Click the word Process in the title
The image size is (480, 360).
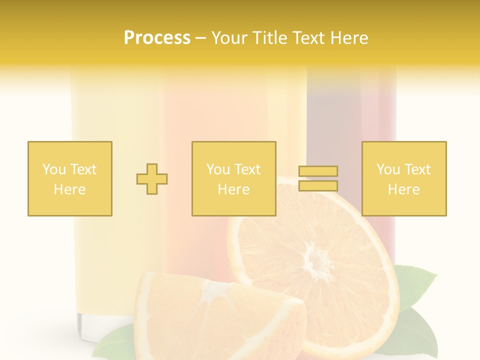tap(157, 38)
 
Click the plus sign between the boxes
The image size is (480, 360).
tap(152, 179)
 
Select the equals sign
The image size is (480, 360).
tap(318, 178)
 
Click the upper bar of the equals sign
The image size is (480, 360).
tap(318, 171)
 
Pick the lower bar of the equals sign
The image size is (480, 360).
tap(318, 186)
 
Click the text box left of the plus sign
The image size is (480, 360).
tap(70, 178)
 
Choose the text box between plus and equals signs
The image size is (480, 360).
tap(234, 178)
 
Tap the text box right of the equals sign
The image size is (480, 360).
tap(404, 178)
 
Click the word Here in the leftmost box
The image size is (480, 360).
tap(69, 189)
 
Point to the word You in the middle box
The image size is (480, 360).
tap(218, 169)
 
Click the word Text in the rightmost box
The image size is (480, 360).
tap(418, 169)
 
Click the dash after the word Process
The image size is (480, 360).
tap(201, 38)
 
